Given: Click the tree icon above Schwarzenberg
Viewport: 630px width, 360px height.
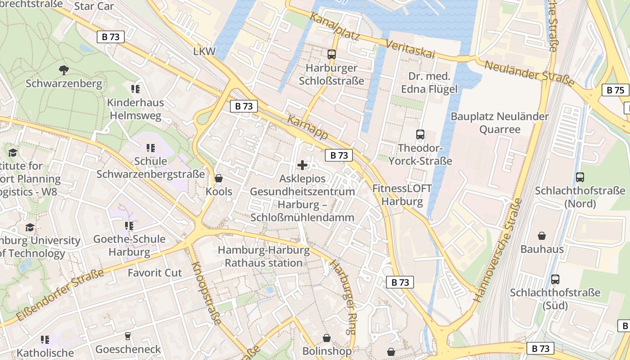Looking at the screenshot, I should coord(64,70).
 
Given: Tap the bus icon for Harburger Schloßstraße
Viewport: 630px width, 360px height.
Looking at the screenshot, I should coord(332,54).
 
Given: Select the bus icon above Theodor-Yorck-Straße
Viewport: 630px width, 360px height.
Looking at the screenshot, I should coord(420,134).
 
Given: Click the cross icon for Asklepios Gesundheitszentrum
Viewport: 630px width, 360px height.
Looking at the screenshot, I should coord(302,165).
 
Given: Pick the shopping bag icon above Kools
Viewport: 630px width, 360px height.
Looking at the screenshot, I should coord(219,178).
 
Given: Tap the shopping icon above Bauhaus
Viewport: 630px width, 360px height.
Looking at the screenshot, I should coord(542,235).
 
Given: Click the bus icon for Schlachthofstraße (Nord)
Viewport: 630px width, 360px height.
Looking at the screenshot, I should coord(580,177).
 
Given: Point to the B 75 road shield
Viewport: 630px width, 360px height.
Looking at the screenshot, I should coord(615,90).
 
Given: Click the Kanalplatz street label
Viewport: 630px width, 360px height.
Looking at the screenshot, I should coord(334,27).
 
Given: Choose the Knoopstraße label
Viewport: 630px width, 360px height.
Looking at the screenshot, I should coord(206,293).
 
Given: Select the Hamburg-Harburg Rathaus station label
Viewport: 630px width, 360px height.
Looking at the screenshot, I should coord(264,256).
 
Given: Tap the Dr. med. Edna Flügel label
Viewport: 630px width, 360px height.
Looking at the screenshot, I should coord(429,83).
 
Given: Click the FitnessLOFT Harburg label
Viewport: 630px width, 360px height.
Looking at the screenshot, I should coord(402,195).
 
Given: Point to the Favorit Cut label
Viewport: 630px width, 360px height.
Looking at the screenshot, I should coord(154,273).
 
